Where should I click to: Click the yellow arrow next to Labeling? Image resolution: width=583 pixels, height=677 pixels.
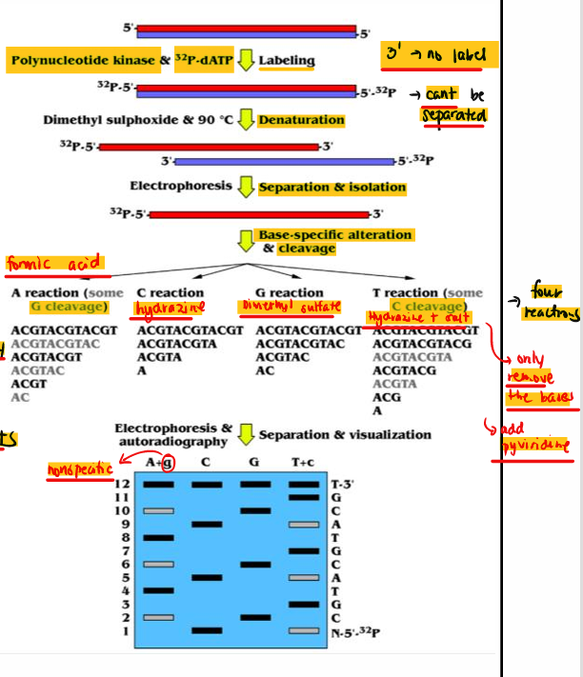[x=246, y=60]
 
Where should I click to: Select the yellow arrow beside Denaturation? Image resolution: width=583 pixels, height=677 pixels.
[x=246, y=120]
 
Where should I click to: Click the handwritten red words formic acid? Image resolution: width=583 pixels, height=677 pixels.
[x=54, y=263]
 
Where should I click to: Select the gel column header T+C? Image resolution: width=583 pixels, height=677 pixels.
[x=303, y=462]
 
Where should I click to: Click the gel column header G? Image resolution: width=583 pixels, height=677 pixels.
[x=254, y=462]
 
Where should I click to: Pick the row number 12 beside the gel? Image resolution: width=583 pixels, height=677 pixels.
[x=121, y=485]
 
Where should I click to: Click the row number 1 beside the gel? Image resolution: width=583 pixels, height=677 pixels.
[x=123, y=630]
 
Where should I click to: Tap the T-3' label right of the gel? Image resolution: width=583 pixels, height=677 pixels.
[x=342, y=485]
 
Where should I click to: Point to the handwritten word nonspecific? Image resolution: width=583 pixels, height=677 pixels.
[x=80, y=470]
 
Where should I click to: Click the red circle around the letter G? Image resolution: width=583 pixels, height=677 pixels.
[x=169, y=463]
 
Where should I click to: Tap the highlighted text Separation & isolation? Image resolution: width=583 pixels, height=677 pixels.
[x=332, y=188]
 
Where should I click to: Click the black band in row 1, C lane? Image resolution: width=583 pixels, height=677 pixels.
[x=207, y=630]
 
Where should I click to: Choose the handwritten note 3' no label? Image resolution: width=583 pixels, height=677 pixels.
[x=434, y=55]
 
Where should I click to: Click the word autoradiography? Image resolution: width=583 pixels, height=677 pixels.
[x=172, y=443]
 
